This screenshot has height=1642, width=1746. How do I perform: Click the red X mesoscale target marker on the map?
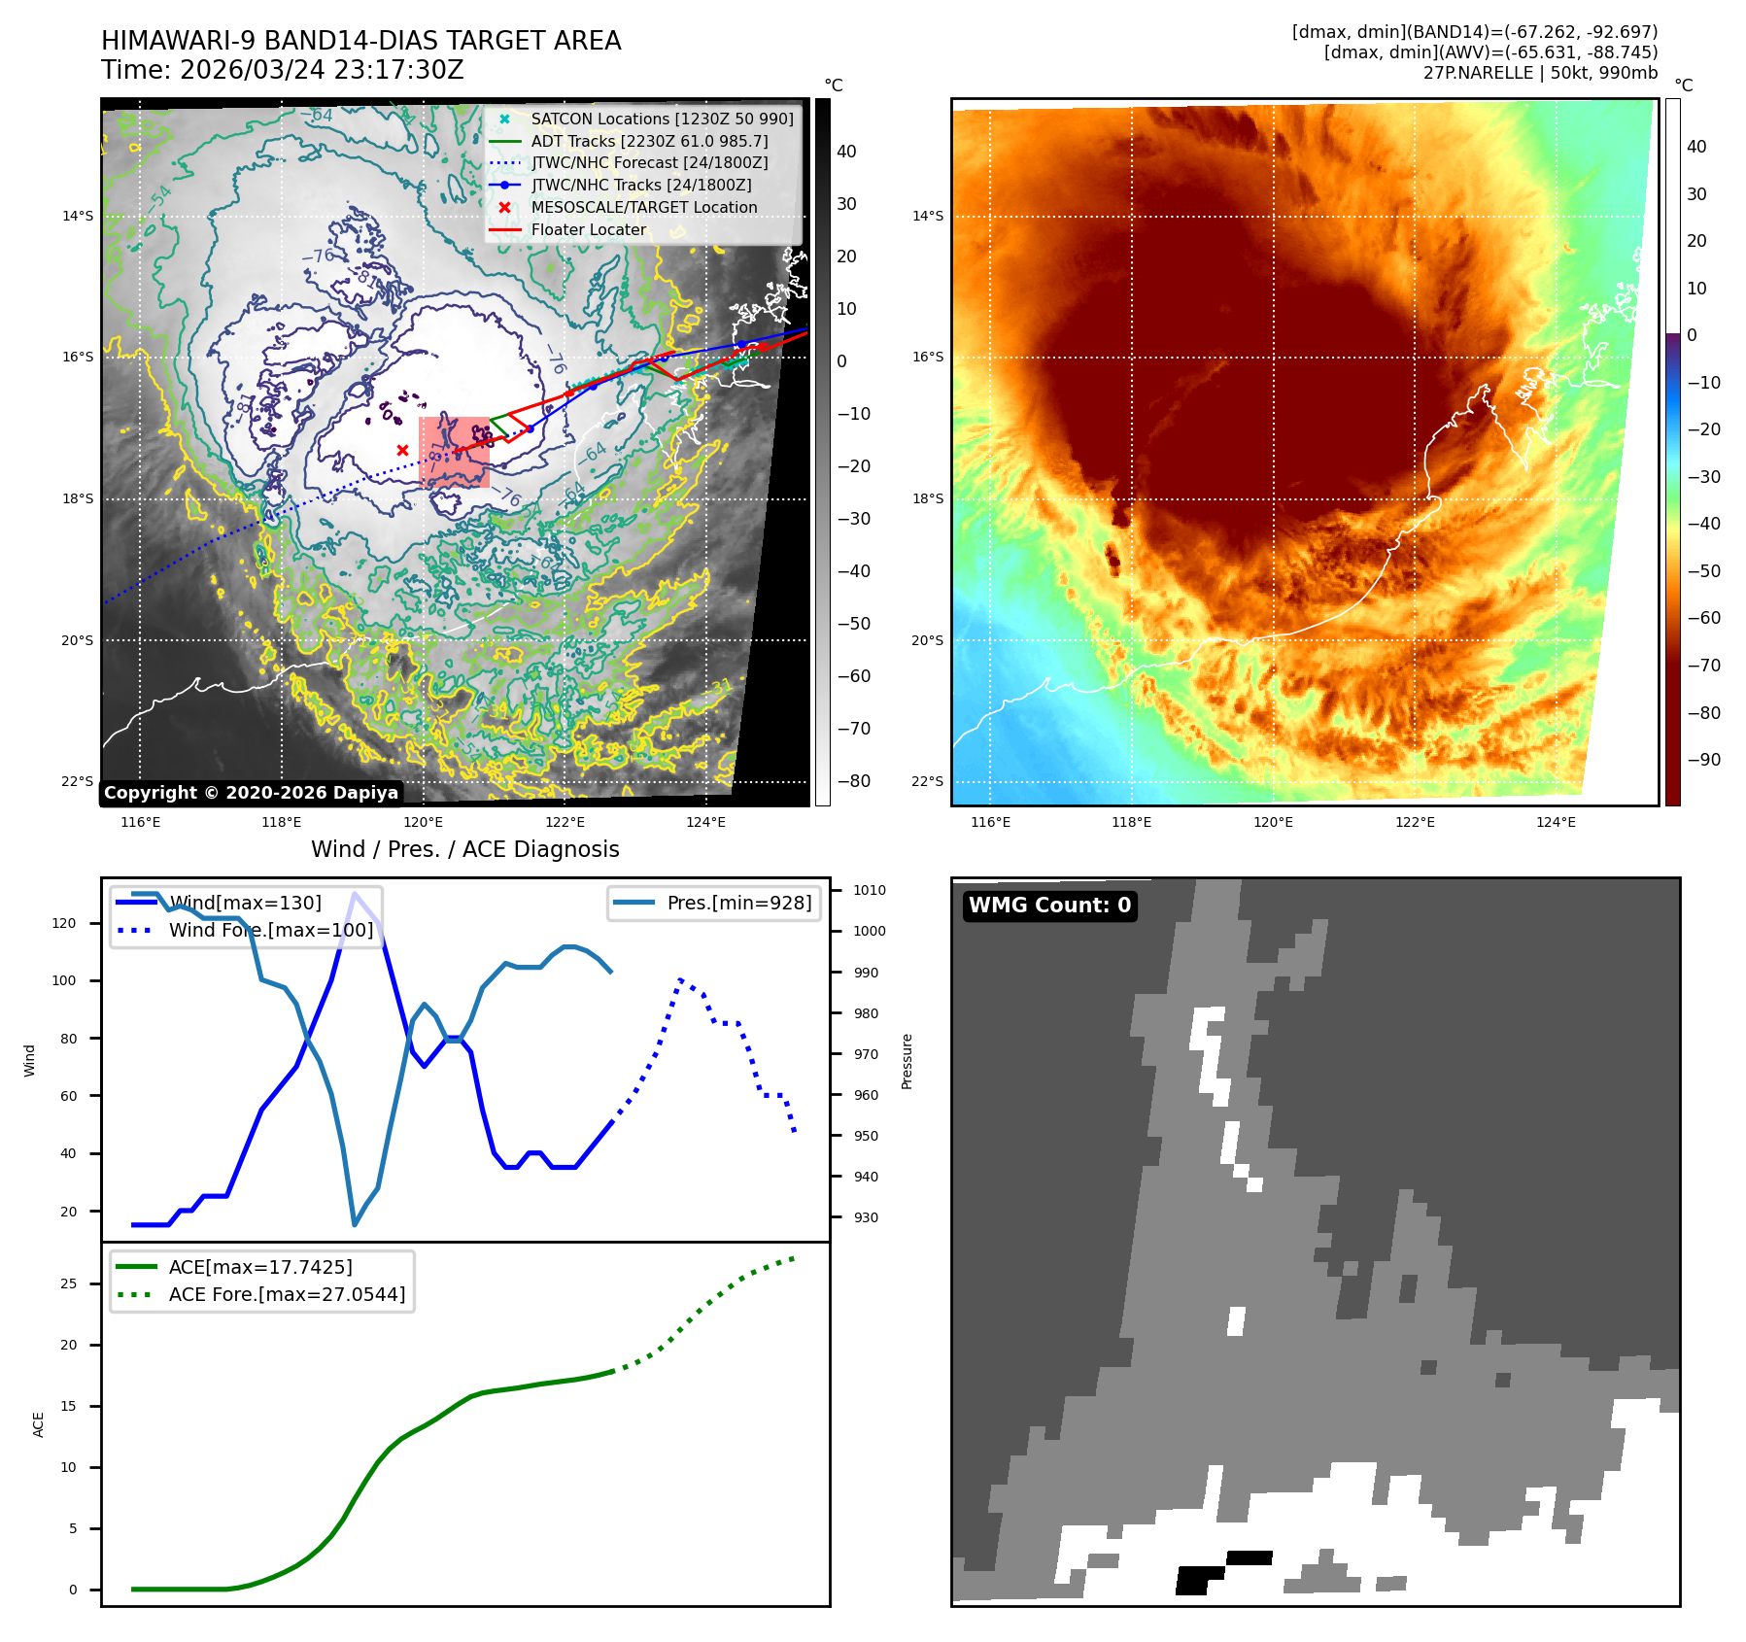[x=402, y=450]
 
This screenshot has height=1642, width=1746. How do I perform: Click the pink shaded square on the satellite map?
[x=454, y=452]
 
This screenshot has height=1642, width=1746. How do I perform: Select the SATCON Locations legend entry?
[x=662, y=119]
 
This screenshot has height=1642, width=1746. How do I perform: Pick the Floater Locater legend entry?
[x=588, y=229]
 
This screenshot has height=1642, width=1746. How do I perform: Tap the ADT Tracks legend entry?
[x=649, y=141]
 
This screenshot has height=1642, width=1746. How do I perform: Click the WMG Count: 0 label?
[x=1049, y=906]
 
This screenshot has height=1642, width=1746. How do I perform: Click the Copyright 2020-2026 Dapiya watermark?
[x=251, y=793]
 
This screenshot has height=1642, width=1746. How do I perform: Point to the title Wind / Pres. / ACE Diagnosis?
[x=464, y=849]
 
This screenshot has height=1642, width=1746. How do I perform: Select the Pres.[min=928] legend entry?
[x=738, y=903]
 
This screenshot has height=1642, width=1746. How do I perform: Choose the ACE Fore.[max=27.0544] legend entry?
[x=287, y=1294]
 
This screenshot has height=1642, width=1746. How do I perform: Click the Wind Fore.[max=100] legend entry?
[x=270, y=930]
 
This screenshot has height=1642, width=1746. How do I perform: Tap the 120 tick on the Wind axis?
[x=64, y=923]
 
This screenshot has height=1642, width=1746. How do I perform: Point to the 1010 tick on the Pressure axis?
[x=870, y=890]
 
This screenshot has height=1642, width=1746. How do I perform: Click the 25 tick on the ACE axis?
[x=68, y=1283]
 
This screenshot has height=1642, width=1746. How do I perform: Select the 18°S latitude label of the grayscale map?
[x=78, y=498]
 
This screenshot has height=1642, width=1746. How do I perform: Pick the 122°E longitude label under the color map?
[x=1415, y=822]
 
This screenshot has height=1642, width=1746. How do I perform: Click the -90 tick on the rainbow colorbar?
[x=1703, y=760]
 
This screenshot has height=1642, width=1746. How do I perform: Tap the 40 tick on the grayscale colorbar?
[x=846, y=152]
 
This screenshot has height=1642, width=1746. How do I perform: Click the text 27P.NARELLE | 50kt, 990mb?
[x=1540, y=73]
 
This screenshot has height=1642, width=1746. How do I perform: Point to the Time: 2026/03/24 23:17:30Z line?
[x=283, y=70]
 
